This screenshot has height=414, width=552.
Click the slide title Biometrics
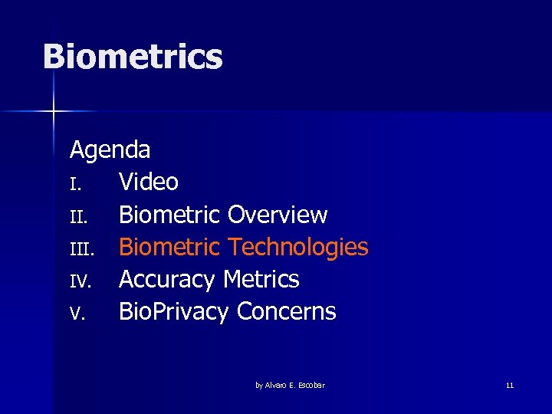click(133, 58)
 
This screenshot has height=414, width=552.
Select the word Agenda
click(110, 149)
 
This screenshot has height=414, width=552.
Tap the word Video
click(149, 182)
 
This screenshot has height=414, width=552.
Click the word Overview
click(278, 215)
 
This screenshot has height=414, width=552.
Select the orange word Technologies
click(298, 247)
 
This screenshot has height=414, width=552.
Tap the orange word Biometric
click(169, 247)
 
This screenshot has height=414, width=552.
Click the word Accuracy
click(167, 280)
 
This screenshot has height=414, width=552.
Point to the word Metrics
click(261, 279)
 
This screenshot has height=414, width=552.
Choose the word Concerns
click(287, 312)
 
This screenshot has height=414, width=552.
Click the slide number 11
click(510, 385)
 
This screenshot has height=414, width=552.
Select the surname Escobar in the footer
click(310, 385)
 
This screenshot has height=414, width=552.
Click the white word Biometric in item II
click(169, 215)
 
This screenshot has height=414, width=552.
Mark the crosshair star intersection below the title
click(54, 112)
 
